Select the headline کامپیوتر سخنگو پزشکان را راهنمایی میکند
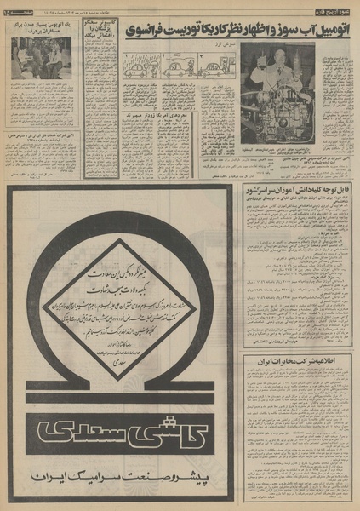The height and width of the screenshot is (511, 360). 103,37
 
